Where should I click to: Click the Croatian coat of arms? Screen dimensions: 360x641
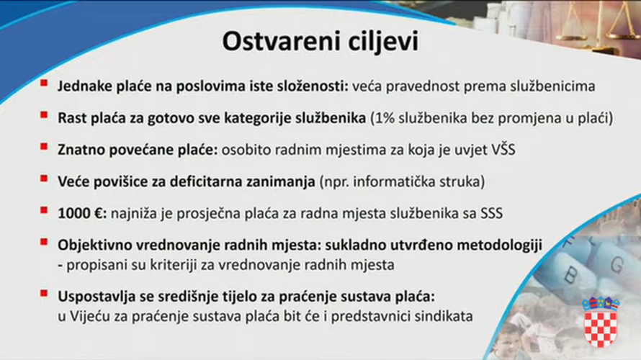[600, 321]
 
